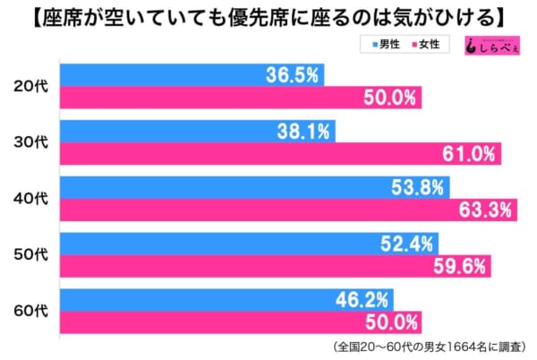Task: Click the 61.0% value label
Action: click(x=469, y=154)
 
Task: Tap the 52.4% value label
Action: click(x=408, y=243)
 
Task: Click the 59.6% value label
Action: click(x=461, y=266)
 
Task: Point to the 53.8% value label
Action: click(x=417, y=187)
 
